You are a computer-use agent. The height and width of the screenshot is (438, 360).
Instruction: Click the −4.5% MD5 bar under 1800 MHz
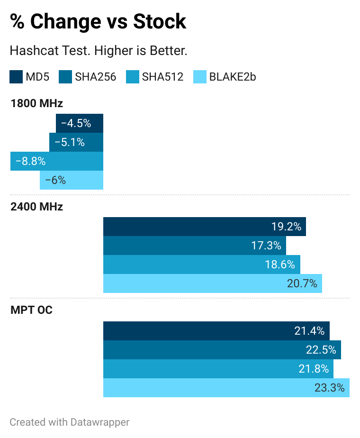[x=79, y=123]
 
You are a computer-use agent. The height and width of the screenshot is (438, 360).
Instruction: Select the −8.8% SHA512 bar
[x=57, y=161]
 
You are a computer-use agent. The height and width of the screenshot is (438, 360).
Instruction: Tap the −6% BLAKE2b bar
[x=72, y=180]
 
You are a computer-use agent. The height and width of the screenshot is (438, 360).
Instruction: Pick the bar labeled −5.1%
[x=76, y=142]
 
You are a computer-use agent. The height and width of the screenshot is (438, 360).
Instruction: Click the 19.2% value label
[x=286, y=227]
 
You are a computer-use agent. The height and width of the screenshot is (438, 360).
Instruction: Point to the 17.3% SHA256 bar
[x=194, y=246]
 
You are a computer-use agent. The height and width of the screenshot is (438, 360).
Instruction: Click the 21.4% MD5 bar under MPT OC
[x=216, y=331]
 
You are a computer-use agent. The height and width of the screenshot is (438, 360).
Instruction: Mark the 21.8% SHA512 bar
[x=218, y=369]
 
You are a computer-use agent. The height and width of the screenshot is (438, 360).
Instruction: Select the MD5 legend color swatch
[x=16, y=77]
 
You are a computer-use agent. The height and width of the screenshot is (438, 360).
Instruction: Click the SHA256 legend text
[x=95, y=77]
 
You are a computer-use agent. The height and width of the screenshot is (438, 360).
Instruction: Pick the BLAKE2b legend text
[x=233, y=77]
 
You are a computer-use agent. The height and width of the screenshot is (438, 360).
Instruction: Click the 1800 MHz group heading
[x=36, y=103]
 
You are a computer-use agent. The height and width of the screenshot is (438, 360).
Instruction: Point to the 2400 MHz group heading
[x=36, y=207]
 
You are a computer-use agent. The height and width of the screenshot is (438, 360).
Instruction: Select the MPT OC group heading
[x=31, y=310]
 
